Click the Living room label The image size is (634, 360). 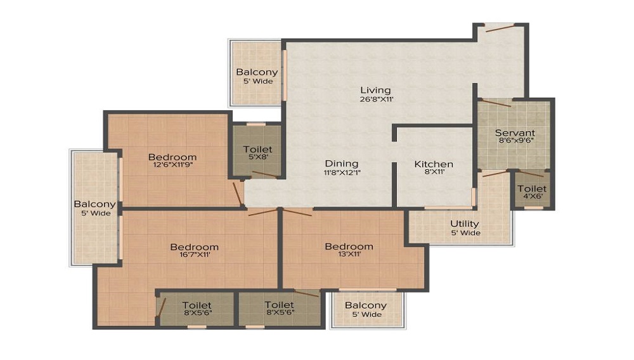(375, 90)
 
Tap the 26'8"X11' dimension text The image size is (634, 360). (377, 99)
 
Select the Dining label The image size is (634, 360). (342, 164)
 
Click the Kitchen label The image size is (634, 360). (434, 164)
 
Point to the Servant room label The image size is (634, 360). (515, 132)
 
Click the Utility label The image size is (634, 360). (465, 224)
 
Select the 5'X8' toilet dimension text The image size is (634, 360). (257, 157)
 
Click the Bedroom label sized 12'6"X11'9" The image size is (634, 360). (172, 157)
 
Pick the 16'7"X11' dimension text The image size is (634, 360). (195, 255)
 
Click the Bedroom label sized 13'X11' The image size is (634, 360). (349, 247)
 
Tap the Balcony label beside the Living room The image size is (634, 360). (257, 72)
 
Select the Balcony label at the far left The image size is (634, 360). (94, 204)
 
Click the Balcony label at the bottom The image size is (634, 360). (366, 305)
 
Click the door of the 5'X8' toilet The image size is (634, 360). (264, 174)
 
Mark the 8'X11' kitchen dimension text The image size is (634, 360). (434, 172)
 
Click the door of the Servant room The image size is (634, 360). (496, 103)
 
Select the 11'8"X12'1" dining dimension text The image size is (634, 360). (342, 172)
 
